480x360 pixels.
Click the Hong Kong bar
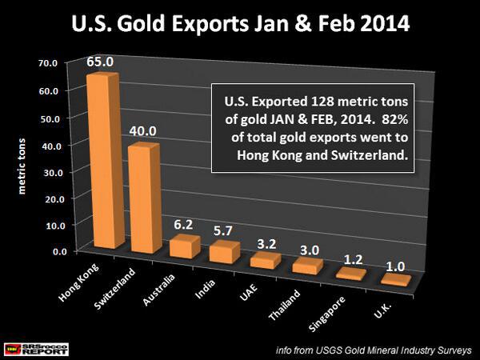coord(104,160)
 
